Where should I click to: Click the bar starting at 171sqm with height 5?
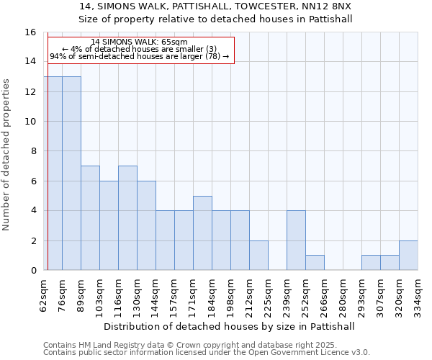click(202, 233)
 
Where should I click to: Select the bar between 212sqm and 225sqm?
click(258, 256)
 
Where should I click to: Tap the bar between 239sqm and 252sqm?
click(296, 240)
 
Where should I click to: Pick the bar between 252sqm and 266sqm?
click(315, 263)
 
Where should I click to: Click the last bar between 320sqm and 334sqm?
click(408, 256)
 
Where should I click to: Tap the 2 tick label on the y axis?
click(33, 240)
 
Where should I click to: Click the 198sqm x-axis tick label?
click(230, 295)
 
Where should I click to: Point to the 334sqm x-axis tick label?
click(418, 295)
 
